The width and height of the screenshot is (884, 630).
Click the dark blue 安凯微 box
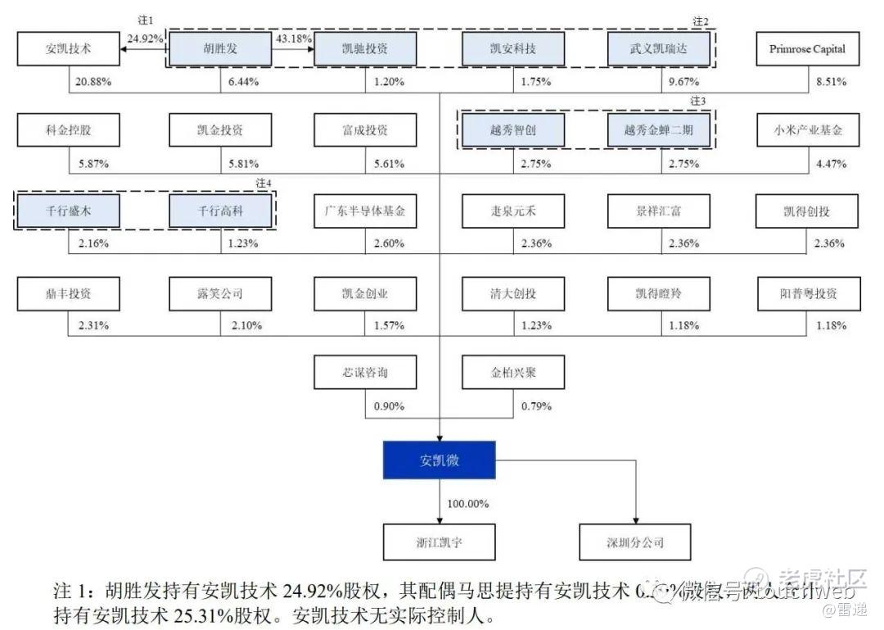440,460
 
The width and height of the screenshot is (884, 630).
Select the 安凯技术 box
68,49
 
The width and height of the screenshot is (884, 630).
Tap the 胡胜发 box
220,49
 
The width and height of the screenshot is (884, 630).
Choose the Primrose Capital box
807,49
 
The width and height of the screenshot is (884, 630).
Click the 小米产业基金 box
807,130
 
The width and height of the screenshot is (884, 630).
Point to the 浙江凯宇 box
440,542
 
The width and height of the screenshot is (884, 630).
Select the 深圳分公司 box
635,542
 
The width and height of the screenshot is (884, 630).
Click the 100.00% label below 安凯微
467,503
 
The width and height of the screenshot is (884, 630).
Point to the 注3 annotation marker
697,101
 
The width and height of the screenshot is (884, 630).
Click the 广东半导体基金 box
365,211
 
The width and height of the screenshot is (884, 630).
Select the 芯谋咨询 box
365,373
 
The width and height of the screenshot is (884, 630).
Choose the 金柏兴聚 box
514,373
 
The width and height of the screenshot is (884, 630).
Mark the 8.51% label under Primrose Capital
831,82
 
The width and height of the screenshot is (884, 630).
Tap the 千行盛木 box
68,211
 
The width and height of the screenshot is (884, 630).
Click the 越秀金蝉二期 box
659,130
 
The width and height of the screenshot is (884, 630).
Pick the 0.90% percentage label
389,406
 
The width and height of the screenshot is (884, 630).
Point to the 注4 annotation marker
263,182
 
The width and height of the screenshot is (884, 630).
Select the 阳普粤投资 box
807,292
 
